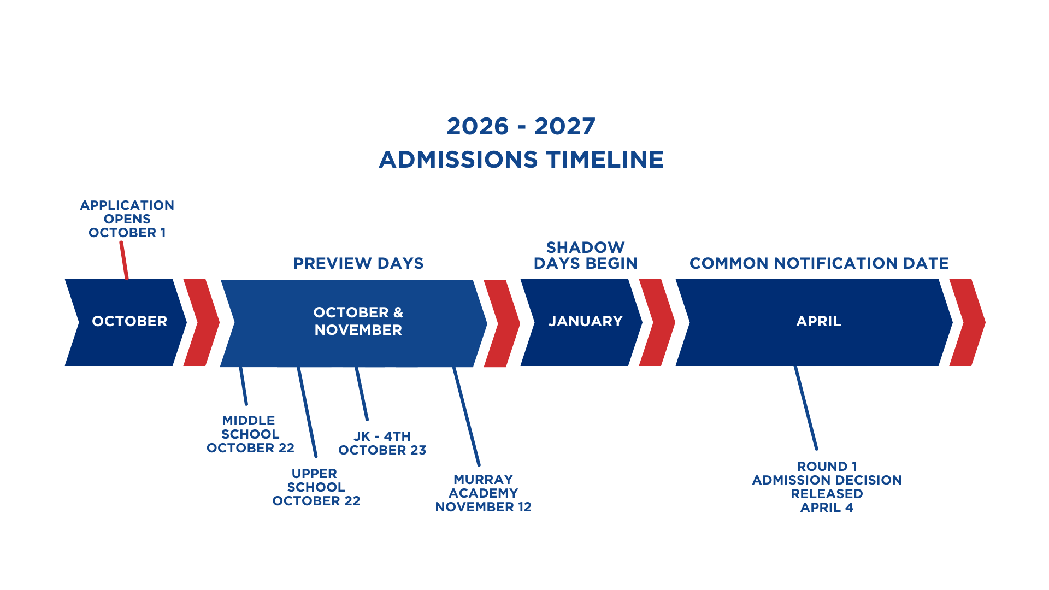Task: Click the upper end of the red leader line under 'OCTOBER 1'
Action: [x=121, y=243]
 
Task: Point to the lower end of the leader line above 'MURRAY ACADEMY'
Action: [x=479, y=465]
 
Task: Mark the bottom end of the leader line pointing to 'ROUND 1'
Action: [x=816, y=449]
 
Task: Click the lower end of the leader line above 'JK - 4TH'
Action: [x=367, y=419]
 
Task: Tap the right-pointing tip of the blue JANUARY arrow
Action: [x=643, y=322]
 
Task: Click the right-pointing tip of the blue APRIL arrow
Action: [x=953, y=322]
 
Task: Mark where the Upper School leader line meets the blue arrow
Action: [x=298, y=368]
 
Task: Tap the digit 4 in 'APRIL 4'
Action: [x=849, y=508]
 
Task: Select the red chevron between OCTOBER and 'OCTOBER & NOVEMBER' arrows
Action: [x=202, y=322]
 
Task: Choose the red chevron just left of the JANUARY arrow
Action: [x=502, y=323]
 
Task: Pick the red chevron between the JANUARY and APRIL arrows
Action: [x=657, y=322]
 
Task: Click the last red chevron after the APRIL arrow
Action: [x=968, y=322]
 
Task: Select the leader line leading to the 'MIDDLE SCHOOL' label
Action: [x=244, y=386]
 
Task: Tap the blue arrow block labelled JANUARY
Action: [x=582, y=322]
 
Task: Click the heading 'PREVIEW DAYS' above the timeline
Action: [x=358, y=263]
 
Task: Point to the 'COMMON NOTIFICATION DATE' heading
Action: [x=819, y=263]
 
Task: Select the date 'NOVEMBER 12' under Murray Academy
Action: [x=484, y=507]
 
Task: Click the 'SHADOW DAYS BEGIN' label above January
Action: [x=586, y=255]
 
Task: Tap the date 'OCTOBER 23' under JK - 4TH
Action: [x=382, y=450]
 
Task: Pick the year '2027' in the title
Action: [x=565, y=126]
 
